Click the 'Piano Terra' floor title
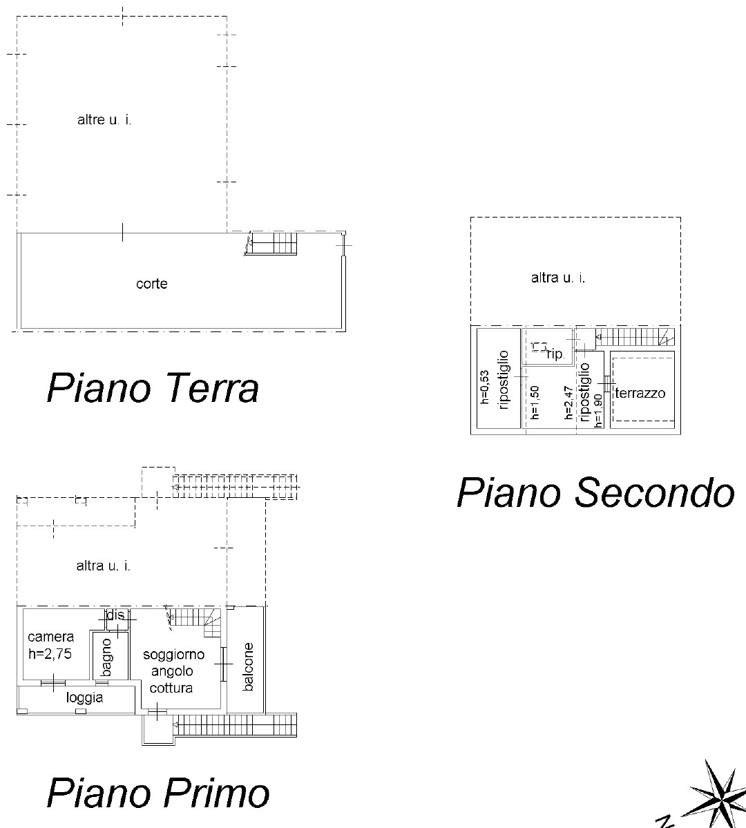[153, 389]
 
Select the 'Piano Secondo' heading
[595, 493]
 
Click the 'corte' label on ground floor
[152, 284]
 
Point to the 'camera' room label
[50, 637]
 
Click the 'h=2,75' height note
[50, 654]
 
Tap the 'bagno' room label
[106, 657]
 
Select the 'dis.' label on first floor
[116, 615]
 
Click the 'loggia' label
[84, 698]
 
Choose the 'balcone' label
[248, 666]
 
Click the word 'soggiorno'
[174, 655]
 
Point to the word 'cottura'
[171, 688]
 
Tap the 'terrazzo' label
[640, 393]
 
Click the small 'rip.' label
[555, 354]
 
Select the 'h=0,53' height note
[485, 387]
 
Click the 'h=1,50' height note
[535, 402]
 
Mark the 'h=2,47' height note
[568, 403]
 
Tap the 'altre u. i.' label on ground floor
[104, 120]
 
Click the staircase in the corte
[273, 244]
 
